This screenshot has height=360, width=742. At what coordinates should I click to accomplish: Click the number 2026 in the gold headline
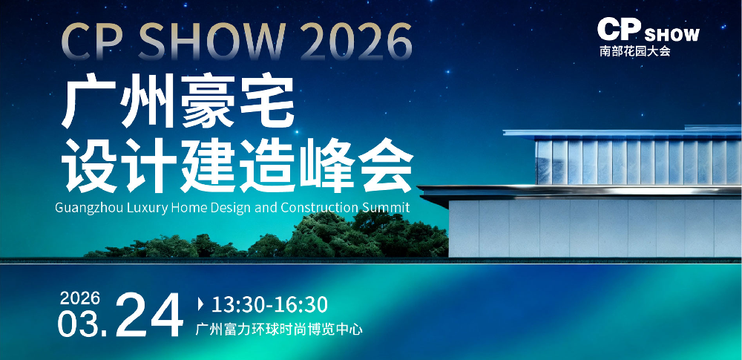356,42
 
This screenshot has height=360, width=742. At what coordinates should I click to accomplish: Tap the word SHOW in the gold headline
211,42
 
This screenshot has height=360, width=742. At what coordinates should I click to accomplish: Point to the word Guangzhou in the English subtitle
91,209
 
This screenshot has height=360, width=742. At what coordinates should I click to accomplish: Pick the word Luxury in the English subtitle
148,209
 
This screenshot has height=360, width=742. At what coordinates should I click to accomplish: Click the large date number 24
149,315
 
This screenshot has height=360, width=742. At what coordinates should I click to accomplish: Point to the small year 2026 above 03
80,298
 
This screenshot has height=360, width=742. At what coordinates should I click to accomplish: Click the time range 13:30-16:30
269,304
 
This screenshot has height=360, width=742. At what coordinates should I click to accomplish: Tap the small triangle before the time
201,304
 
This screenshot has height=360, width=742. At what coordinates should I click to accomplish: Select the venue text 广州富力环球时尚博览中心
279,330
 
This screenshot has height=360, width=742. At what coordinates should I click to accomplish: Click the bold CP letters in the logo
619,30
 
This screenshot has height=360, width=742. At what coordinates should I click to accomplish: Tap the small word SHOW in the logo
672,35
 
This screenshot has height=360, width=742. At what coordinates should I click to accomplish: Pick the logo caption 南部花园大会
635,51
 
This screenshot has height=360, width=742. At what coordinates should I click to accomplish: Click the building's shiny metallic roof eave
580,192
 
